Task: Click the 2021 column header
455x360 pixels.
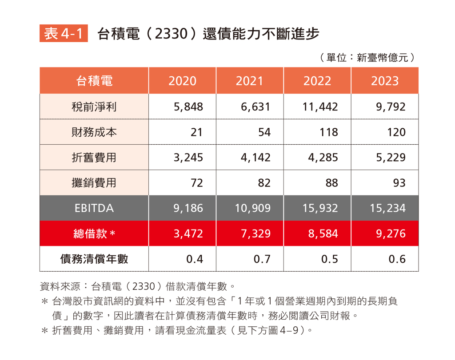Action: [249, 81]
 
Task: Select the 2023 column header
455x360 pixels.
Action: [385, 81]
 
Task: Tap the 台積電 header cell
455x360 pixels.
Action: [94, 81]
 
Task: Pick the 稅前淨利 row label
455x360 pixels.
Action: [94, 107]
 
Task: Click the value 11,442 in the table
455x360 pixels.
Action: [320, 107]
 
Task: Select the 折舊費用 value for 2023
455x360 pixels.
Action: [391, 158]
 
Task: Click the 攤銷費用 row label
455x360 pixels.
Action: [94, 182]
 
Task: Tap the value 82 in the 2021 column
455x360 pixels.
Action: [264, 183]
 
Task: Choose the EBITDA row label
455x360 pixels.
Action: [94, 208]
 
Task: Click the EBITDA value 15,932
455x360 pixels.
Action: [320, 208]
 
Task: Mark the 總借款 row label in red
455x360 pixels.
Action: [94, 233]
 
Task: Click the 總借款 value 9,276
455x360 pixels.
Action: [391, 233]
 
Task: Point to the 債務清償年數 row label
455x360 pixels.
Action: [94, 259]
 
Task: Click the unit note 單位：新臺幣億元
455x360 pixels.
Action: [367, 58]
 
